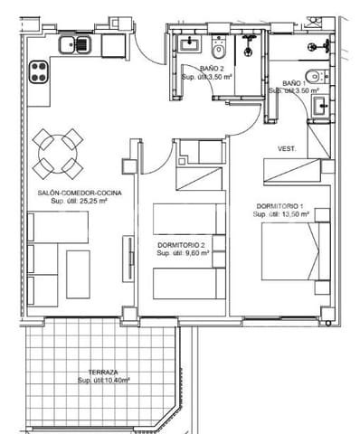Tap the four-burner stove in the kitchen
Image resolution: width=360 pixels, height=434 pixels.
40,71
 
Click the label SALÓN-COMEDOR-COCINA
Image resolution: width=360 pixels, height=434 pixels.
80,193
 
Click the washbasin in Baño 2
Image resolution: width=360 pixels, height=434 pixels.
190,42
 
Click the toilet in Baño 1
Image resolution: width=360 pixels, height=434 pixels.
311,75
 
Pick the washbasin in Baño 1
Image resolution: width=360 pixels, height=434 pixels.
320,106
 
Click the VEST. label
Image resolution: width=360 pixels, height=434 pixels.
288,149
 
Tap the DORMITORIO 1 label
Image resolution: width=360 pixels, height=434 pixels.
281,206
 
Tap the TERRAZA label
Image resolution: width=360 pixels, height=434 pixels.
102,373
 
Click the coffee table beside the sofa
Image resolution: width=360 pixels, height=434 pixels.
78,274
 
